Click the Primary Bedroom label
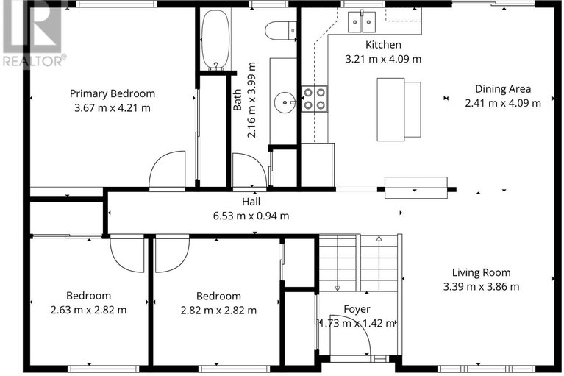point(113,93)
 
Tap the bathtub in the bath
point(215,40)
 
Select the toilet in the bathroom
point(281,30)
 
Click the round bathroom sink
point(285,102)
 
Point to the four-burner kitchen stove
point(315,99)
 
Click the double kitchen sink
point(362,22)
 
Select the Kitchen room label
point(383,45)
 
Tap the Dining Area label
point(503,89)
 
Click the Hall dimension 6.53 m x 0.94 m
point(251,216)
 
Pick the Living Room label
point(481,273)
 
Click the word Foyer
point(357,309)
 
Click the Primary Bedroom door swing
point(167,169)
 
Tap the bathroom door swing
point(249,170)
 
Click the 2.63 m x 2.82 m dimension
point(88,310)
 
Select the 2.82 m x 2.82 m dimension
point(218,311)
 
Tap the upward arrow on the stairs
point(379,263)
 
